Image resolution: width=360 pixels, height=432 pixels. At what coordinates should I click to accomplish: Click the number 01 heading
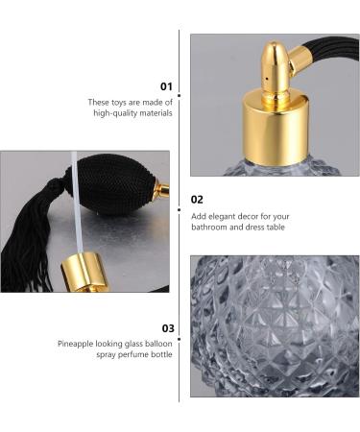(164, 86)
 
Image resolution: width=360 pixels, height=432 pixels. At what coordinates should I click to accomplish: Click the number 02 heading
(197, 200)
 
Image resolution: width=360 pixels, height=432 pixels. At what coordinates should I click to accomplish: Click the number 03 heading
(165, 327)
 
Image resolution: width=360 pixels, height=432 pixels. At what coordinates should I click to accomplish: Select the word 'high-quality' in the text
(117, 113)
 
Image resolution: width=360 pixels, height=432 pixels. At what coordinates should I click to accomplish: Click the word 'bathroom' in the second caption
(213, 228)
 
